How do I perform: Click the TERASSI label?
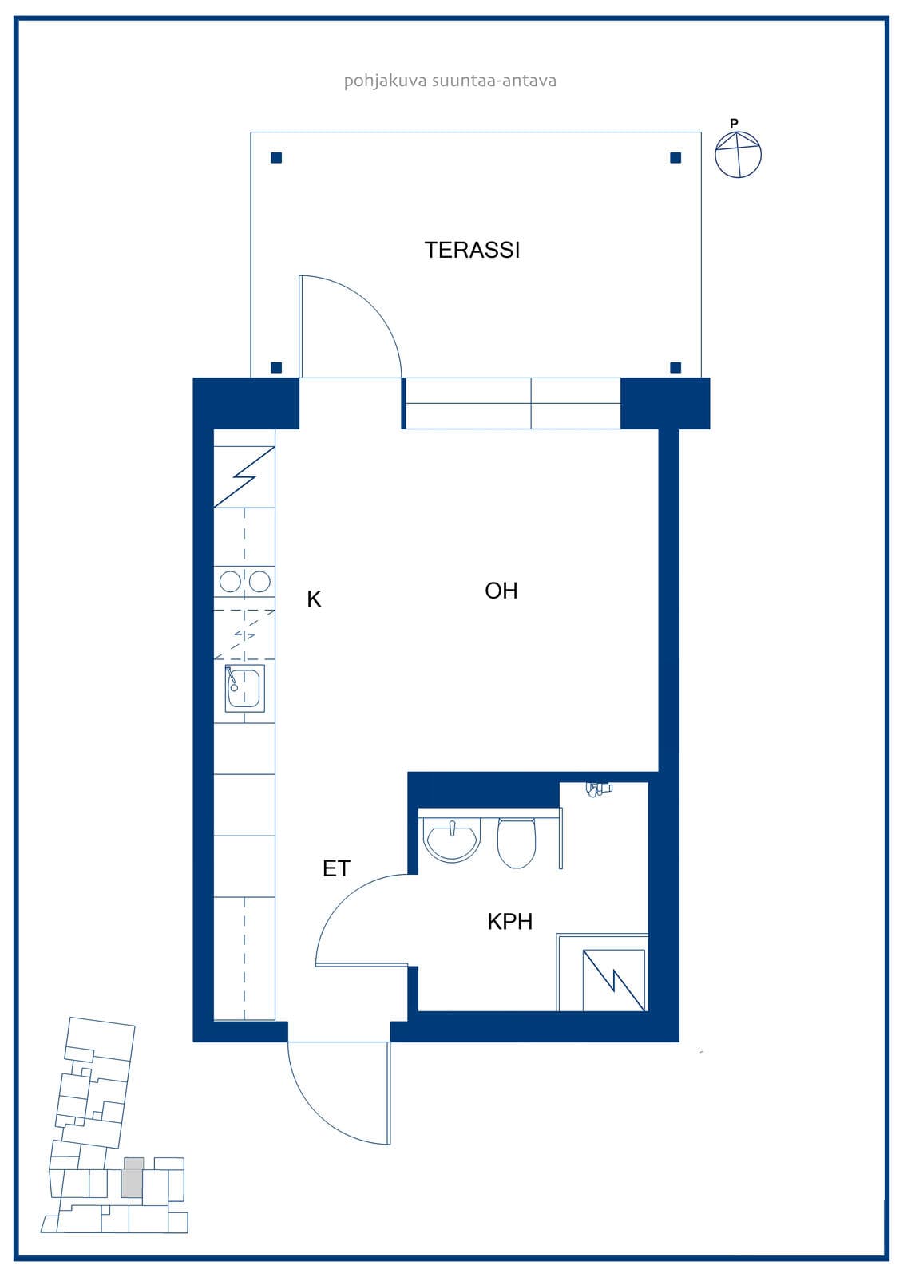point(472,251)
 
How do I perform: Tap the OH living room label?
point(501,591)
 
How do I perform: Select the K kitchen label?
point(314,599)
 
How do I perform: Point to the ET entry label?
point(336,869)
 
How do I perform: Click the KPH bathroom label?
point(510,922)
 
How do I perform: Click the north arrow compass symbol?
point(739,155)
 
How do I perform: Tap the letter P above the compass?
point(735,123)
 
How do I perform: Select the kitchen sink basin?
point(245,688)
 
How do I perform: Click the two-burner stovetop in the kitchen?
point(244,582)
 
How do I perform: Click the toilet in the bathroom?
point(517,843)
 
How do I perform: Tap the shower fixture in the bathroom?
point(598,789)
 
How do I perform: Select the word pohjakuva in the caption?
point(385,81)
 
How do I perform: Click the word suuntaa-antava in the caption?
point(494,81)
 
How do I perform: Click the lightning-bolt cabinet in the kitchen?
point(244,476)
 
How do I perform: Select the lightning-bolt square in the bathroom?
point(614,980)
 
